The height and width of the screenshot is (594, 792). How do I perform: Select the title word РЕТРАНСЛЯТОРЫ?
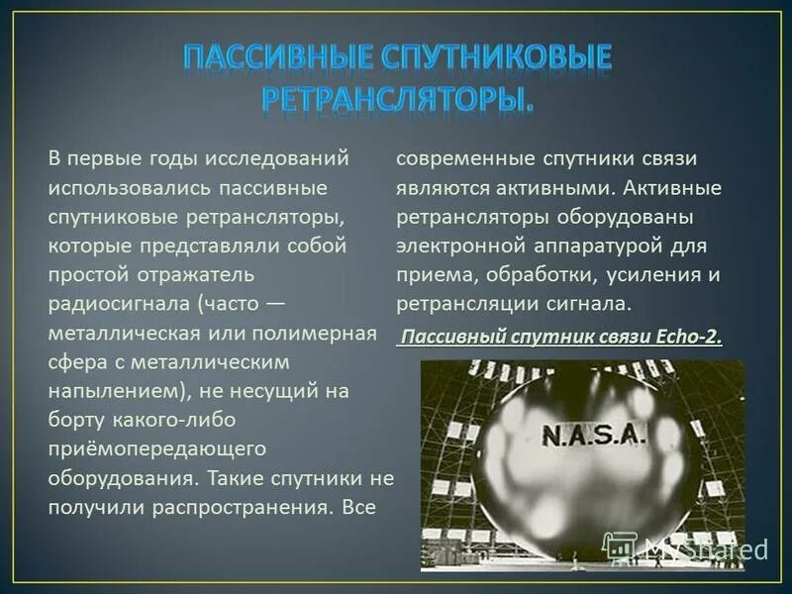click(396, 97)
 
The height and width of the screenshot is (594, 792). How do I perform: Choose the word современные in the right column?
click(464, 158)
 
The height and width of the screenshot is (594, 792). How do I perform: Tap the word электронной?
click(456, 246)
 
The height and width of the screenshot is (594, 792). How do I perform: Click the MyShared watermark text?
click(706, 547)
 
